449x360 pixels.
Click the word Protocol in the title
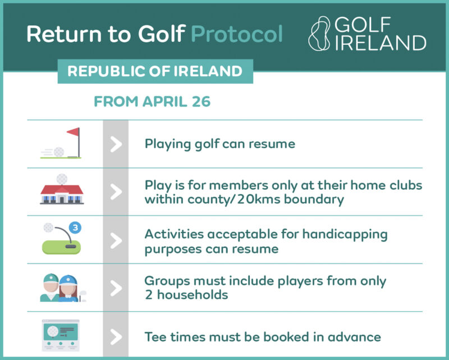(x=237, y=34)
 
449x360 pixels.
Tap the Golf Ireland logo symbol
(x=319, y=34)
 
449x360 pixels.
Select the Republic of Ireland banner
(x=155, y=71)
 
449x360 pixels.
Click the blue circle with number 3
(x=75, y=227)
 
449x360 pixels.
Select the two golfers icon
(x=62, y=288)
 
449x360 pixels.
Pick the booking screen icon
(x=61, y=335)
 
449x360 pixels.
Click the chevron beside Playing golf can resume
(x=116, y=144)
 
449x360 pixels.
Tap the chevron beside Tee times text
(x=116, y=337)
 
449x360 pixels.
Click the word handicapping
(x=345, y=235)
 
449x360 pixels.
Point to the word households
(x=193, y=295)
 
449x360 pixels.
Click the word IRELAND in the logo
(x=381, y=43)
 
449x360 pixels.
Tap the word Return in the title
(x=64, y=34)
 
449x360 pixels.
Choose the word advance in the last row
(x=354, y=337)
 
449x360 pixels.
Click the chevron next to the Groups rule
(x=116, y=288)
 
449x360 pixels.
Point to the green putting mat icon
(x=61, y=247)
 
